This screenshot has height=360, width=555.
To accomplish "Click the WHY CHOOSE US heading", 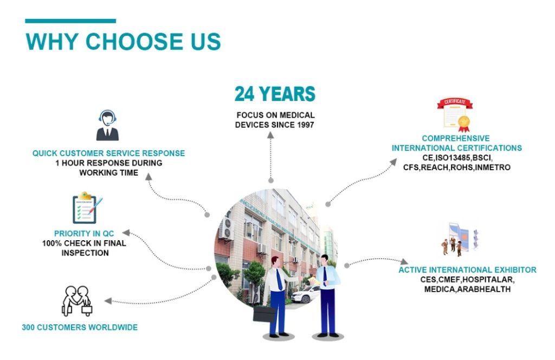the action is point(123,41).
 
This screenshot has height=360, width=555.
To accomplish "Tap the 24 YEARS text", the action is point(275,94).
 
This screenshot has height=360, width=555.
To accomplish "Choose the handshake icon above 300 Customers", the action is point(77,301).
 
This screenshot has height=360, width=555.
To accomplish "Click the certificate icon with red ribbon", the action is point(455,115).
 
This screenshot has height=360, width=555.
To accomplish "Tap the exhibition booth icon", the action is point(460,239).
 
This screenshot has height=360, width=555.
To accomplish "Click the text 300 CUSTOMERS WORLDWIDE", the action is point(80,327).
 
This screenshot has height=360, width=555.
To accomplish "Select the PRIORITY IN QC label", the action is point(84,234).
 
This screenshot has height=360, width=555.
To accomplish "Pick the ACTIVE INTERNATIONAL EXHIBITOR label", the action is point(467,270).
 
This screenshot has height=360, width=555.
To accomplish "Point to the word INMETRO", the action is point(492,167).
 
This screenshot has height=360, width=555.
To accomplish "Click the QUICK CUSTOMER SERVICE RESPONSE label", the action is point(108,153).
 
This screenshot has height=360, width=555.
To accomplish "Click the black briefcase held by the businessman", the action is point(264,314).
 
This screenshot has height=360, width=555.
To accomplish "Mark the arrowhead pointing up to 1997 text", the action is point(270,135).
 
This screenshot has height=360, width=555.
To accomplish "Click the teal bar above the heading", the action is point(70,21).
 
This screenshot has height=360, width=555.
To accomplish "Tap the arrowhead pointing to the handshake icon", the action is point(108,301).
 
